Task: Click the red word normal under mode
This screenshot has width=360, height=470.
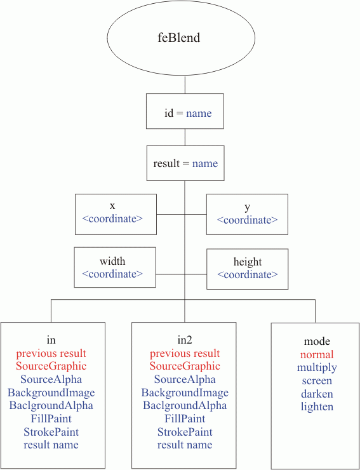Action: (x=317, y=354)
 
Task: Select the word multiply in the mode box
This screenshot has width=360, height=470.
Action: (x=317, y=368)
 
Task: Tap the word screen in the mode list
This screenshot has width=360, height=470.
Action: (x=317, y=381)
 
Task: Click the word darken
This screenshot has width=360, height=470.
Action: (x=317, y=394)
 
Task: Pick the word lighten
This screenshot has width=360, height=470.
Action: (x=317, y=406)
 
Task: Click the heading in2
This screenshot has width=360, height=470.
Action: (x=185, y=340)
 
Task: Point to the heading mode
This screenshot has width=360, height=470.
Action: (x=317, y=342)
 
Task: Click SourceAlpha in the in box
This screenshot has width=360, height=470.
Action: (x=51, y=379)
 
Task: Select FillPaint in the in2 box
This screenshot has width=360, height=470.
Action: (x=185, y=419)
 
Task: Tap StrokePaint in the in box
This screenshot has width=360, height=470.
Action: (x=51, y=432)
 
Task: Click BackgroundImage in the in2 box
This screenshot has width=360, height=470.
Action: (x=185, y=393)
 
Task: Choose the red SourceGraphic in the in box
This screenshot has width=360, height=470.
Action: (x=51, y=366)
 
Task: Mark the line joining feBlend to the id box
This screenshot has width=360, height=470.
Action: (x=185, y=85)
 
